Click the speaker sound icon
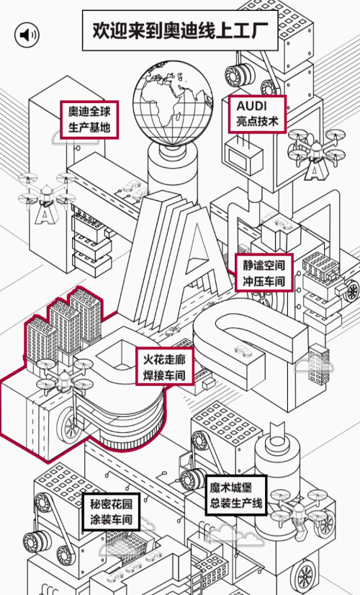point(27,35)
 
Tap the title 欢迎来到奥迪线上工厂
point(180,30)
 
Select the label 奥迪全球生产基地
point(89,119)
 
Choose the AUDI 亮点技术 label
point(257,114)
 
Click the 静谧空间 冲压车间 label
point(264,272)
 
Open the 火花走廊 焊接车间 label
point(165,366)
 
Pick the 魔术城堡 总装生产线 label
point(236,495)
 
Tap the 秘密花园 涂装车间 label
point(111,512)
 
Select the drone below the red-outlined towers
point(64,377)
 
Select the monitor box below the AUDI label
point(243,158)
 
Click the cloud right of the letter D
point(314,366)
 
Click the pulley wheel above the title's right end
point(236,73)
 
